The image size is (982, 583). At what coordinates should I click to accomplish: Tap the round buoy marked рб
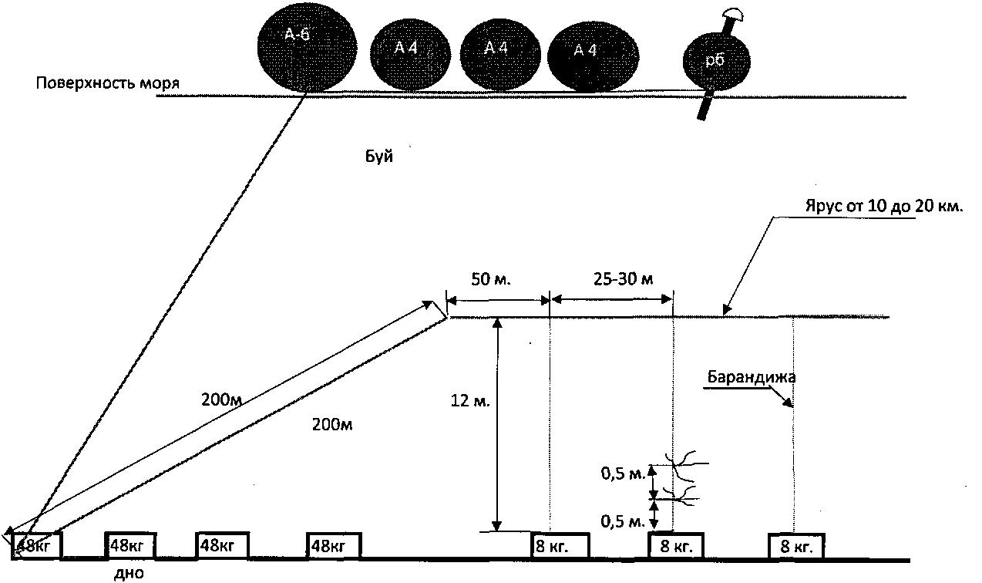715,61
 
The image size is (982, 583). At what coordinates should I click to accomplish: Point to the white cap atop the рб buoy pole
731,13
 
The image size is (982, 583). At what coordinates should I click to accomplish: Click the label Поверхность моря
108,83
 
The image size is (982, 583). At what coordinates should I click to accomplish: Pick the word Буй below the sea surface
379,157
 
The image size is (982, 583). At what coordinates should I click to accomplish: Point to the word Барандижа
752,377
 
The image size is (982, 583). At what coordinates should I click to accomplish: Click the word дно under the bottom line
129,573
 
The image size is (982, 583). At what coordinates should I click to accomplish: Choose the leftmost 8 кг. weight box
560,546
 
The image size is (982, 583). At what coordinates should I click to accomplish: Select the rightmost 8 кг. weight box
795,547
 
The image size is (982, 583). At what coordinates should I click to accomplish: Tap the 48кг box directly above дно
130,545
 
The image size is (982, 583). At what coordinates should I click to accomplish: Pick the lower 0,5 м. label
624,521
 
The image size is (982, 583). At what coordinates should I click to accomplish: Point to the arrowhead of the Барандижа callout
789,403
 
